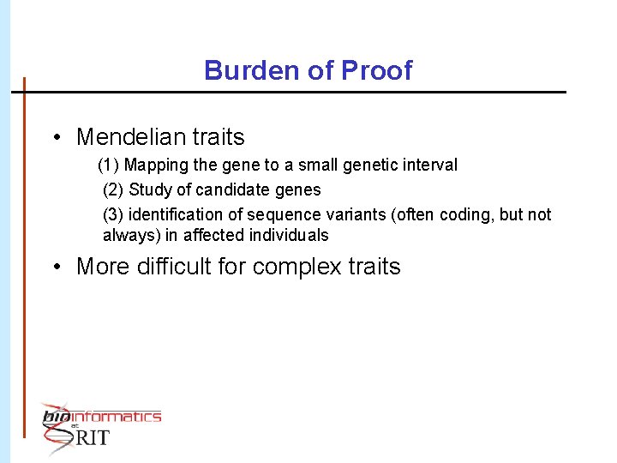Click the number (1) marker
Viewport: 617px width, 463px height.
point(109,165)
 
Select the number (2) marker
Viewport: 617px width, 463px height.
point(113,189)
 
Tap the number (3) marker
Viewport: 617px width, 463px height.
point(113,214)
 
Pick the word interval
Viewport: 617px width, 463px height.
point(428,165)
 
